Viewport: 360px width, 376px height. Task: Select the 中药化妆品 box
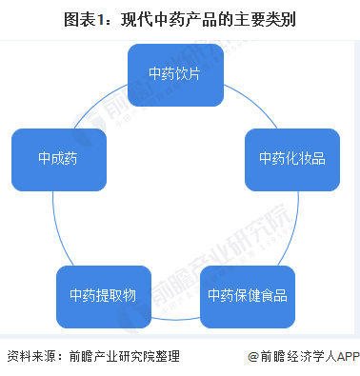285,158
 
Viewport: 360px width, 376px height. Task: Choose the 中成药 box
58,158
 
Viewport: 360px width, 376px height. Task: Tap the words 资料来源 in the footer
29,357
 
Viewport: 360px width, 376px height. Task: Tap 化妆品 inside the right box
298,158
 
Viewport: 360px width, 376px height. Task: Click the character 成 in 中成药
58,158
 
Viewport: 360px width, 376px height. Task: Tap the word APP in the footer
344,357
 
